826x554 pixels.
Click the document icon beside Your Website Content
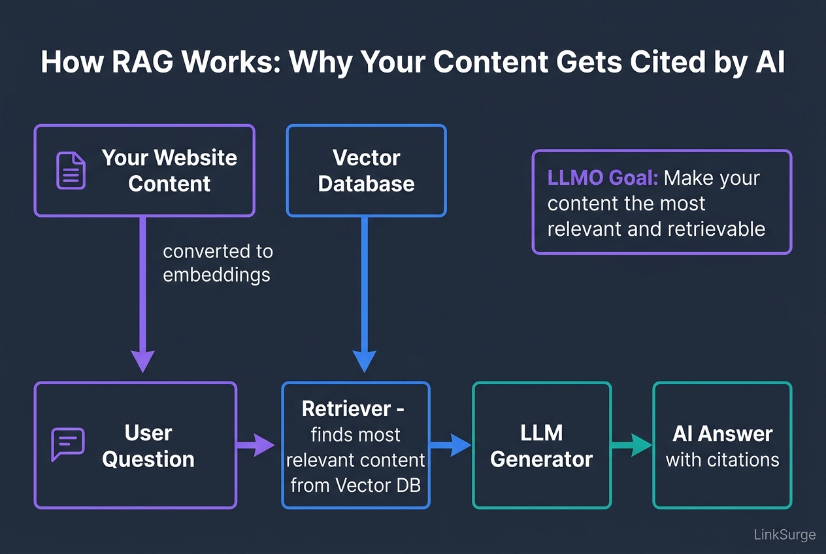pyautogui.click(x=71, y=171)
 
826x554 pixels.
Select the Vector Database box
pyautogui.click(x=366, y=171)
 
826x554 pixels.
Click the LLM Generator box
pyautogui.click(x=541, y=445)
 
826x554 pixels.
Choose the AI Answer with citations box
pyautogui.click(x=722, y=445)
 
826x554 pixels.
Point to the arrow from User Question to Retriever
pyautogui.click(x=256, y=446)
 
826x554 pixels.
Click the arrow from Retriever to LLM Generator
pyautogui.click(x=450, y=446)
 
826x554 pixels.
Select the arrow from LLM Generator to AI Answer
pyautogui.click(x=631, y=446)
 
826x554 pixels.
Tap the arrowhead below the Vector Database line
pyautogui.click(x=365, y=361)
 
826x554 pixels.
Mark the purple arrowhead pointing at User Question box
pyautogui.click(x=142, y=361)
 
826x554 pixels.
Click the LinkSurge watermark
pyautogui.click(x=784, y=534)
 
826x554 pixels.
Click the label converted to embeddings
pyautogui.click(x=218, y=263)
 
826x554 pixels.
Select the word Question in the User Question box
pyautogui.click(x=148, y=459)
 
